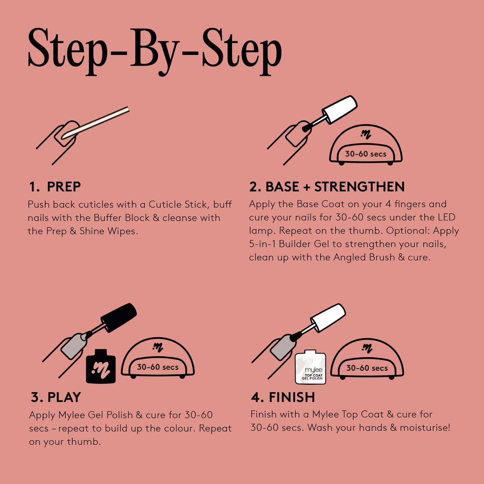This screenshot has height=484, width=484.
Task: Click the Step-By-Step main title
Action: (x=155, y=50)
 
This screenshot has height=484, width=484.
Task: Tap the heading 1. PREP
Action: (x=55, y=187)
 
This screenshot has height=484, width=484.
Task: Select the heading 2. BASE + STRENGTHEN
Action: (x=327, y=187)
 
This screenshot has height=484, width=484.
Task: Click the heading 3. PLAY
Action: (x=56, y=397)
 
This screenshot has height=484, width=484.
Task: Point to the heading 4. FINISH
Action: (x=283, y=397)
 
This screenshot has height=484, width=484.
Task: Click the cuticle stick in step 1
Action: (x=100, y=121)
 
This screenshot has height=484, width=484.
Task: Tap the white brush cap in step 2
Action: (x=340, y=109)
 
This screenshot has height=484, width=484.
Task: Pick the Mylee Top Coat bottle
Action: (x=310, y=368)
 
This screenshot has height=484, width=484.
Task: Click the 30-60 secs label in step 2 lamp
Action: (x=366, y=154)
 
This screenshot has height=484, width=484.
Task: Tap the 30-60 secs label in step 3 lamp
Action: (x=158, y=367)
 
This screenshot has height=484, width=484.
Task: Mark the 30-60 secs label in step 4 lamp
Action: (x=367, y=368)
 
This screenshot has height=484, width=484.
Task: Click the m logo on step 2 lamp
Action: (x=366, y=135)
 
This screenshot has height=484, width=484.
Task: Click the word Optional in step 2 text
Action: (x=408, y=231)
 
